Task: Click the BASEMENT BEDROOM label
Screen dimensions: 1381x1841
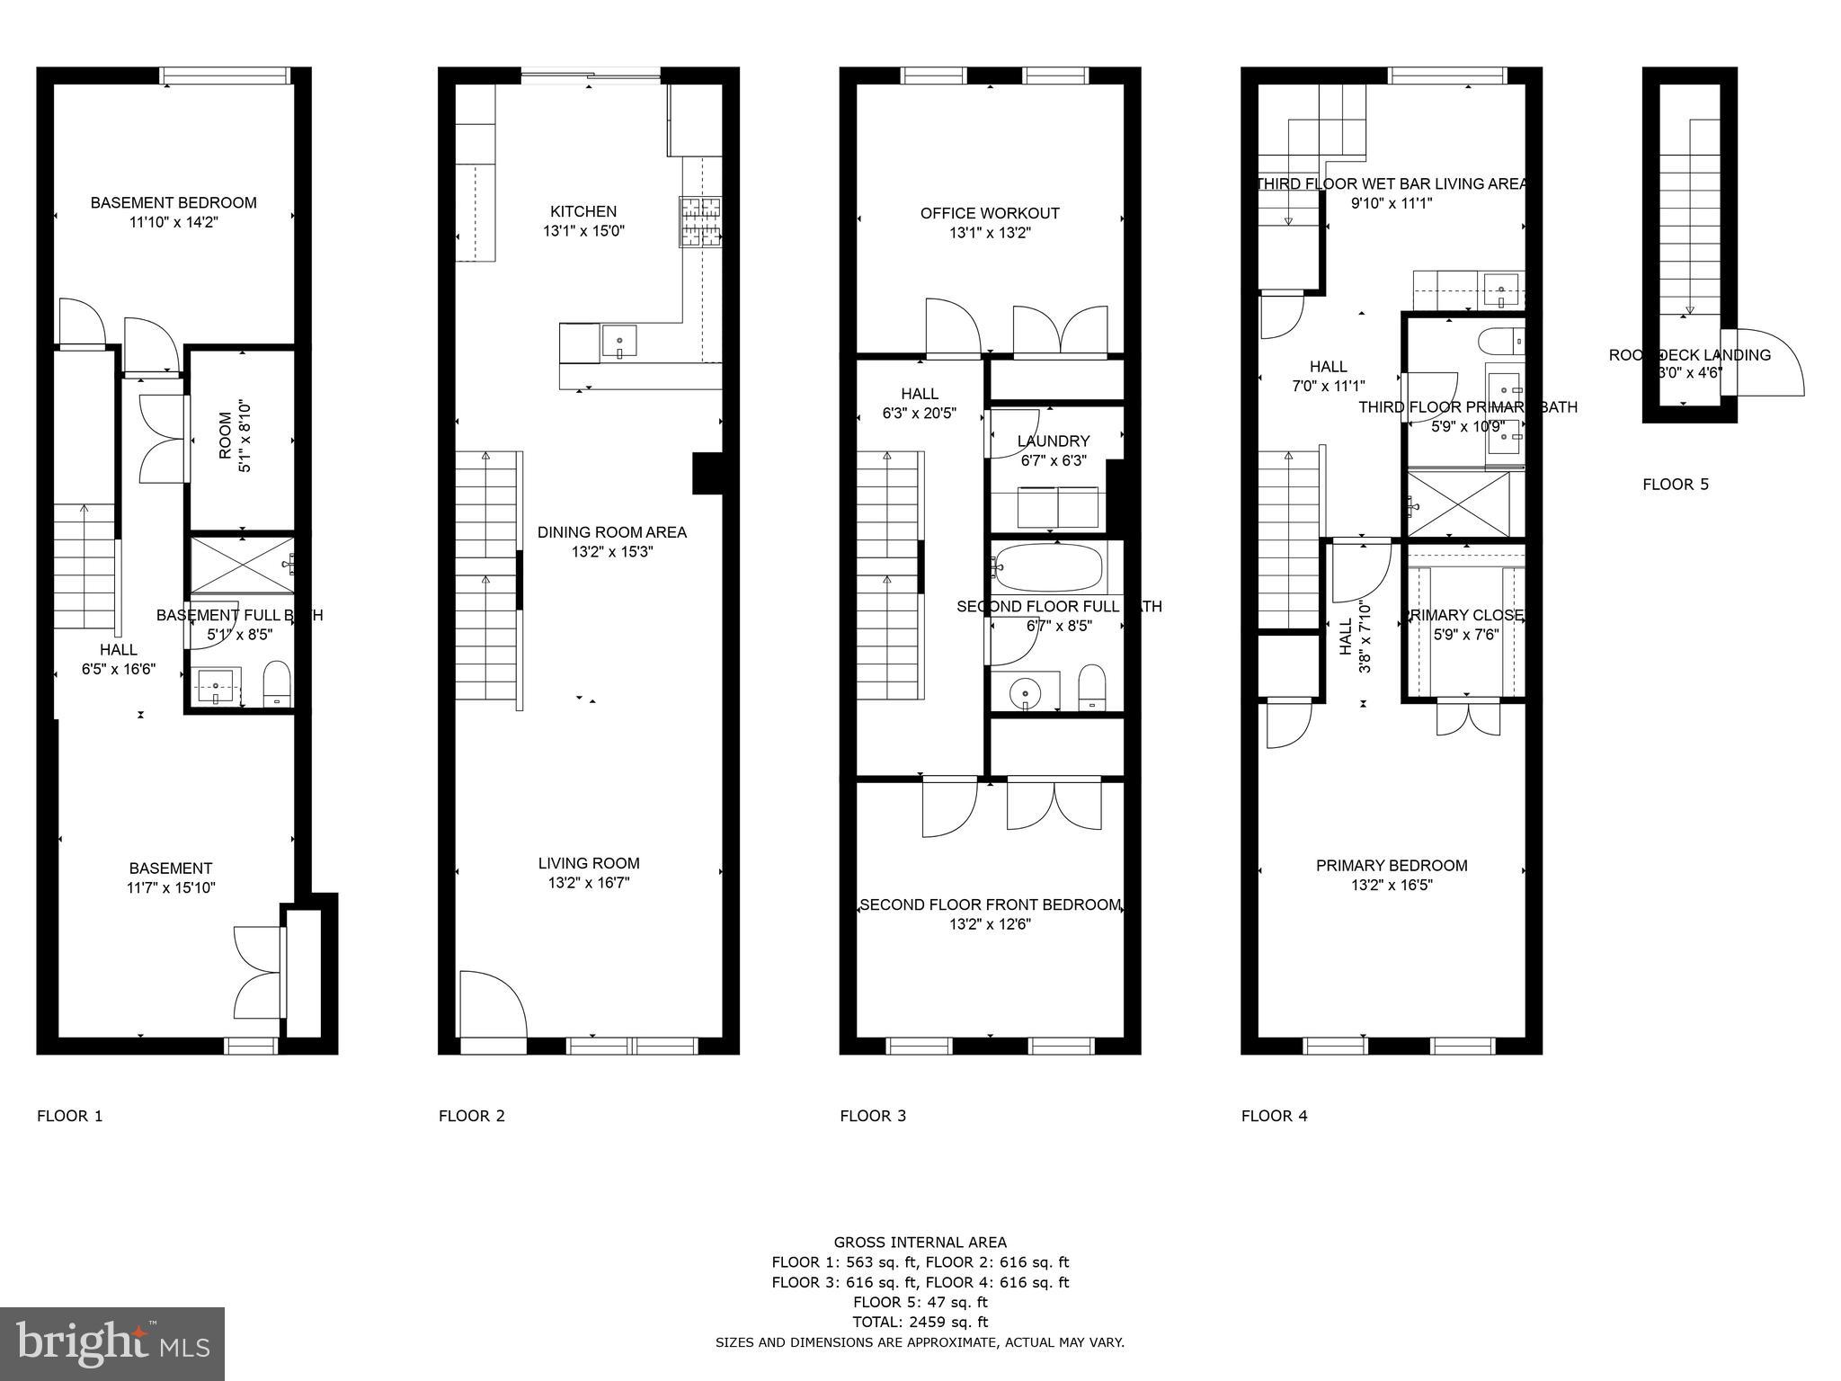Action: (x=173, y=203)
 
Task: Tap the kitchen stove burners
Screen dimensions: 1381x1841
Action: (x=700, y=221)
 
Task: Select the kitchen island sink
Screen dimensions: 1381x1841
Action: (x=619, y=342)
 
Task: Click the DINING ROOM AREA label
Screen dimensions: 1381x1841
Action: (x=611, y=532)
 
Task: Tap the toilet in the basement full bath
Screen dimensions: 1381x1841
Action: (x=277, y=685)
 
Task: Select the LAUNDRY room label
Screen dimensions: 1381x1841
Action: (x=1054, y=441)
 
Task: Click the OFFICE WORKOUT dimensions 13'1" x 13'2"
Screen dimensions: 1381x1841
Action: (x=989, y=233)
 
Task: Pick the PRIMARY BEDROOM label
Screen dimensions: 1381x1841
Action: (x=1391, y=866)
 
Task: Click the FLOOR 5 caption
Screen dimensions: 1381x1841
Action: (x=1675, y=485)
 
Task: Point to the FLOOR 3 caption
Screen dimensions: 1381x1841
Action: (x=872, y=1116)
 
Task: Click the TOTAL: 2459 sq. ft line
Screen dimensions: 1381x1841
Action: (x=920, y=1322)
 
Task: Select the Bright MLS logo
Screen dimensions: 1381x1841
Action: (x=112, y=1343)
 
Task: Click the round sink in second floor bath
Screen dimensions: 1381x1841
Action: (x=1024, y=693)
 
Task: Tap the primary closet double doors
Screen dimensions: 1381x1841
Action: (x=1467, y=717)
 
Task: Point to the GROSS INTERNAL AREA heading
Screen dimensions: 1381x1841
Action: (x=920, y=1243)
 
